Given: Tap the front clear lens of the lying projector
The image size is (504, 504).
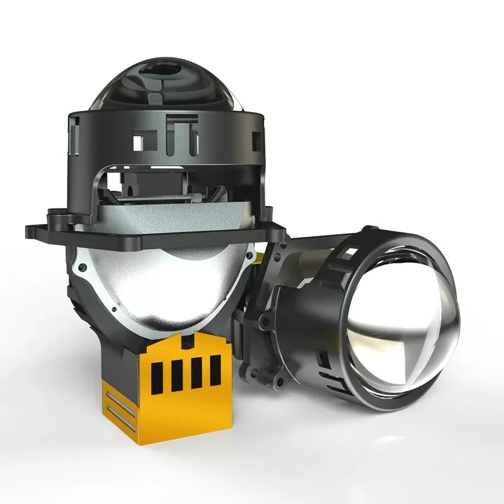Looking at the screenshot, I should click(x=403, y=328).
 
